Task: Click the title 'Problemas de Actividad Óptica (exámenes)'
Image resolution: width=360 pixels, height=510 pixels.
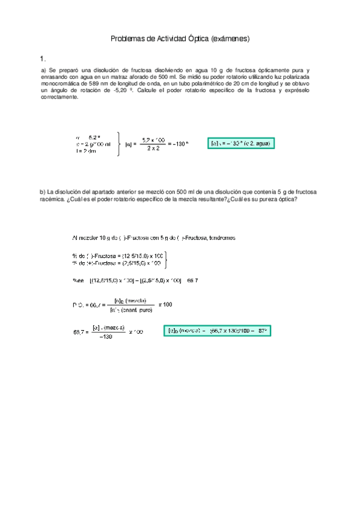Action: [180, 39]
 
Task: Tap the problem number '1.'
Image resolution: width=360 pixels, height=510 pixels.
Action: [42, 59]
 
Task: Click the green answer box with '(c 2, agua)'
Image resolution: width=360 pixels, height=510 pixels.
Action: [240, 144]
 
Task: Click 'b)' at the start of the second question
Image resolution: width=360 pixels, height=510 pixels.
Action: [42, 192]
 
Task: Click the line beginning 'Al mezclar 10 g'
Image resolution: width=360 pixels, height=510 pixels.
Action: [153, 237]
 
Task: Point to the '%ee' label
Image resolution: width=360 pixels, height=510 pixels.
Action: [78, 280]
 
